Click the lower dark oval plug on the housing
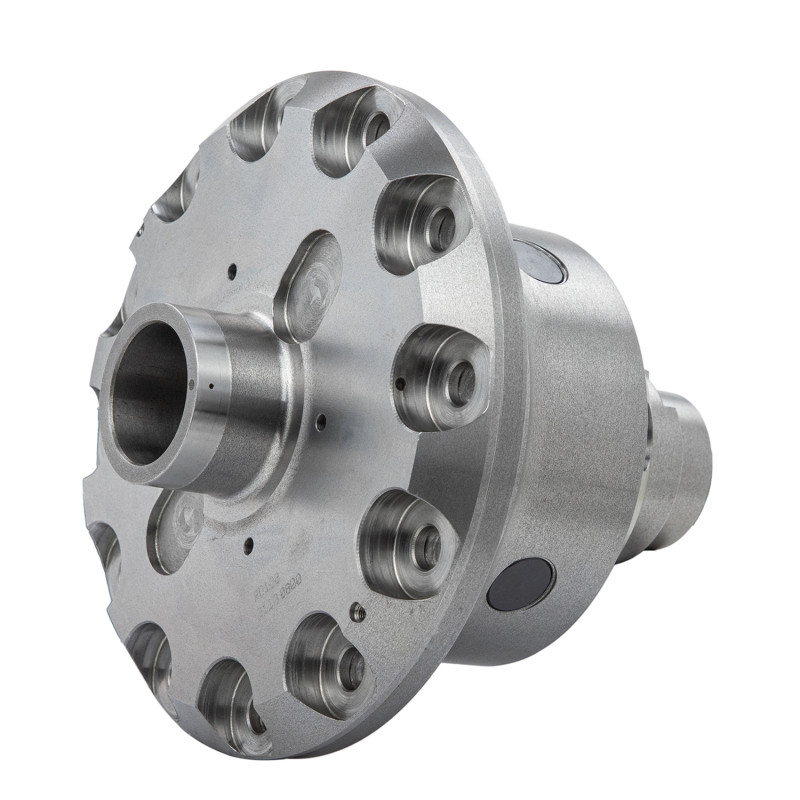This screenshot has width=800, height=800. pos(521,583)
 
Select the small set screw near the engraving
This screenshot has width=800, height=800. pos(358,613)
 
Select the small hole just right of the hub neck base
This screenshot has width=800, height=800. pos(320,422)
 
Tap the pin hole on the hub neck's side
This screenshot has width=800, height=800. pos(212,384)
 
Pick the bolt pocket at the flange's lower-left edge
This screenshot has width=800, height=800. pos(150,655)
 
